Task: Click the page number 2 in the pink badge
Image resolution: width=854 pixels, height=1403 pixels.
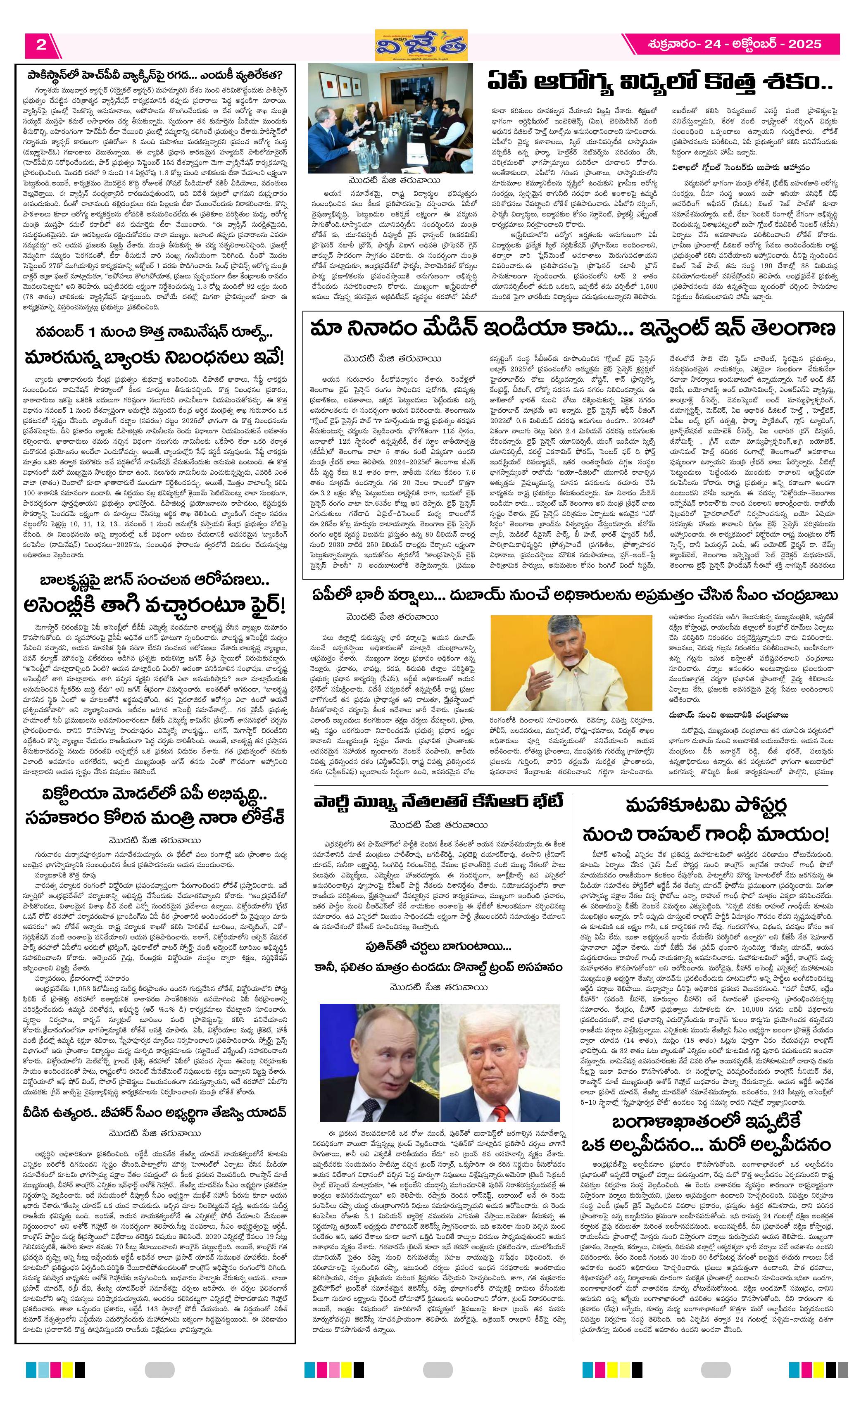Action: (40, 45)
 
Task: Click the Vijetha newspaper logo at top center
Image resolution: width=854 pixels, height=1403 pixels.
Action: (421, 45)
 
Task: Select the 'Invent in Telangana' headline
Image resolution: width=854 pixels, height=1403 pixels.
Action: (572, 329)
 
